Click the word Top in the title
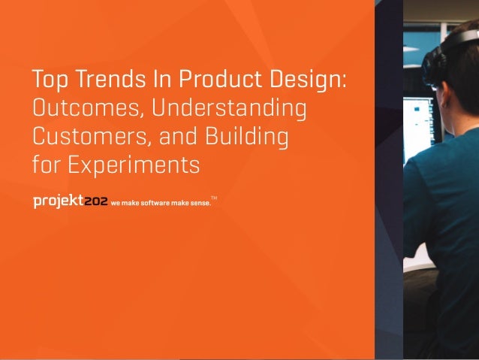pos(47,80)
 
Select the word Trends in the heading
pos(101,80)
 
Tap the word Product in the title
pos(196,80)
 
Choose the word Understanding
pos(229,110)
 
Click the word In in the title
pos(146,80)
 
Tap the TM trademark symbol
pos(214,198)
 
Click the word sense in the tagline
pos(197,203)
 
